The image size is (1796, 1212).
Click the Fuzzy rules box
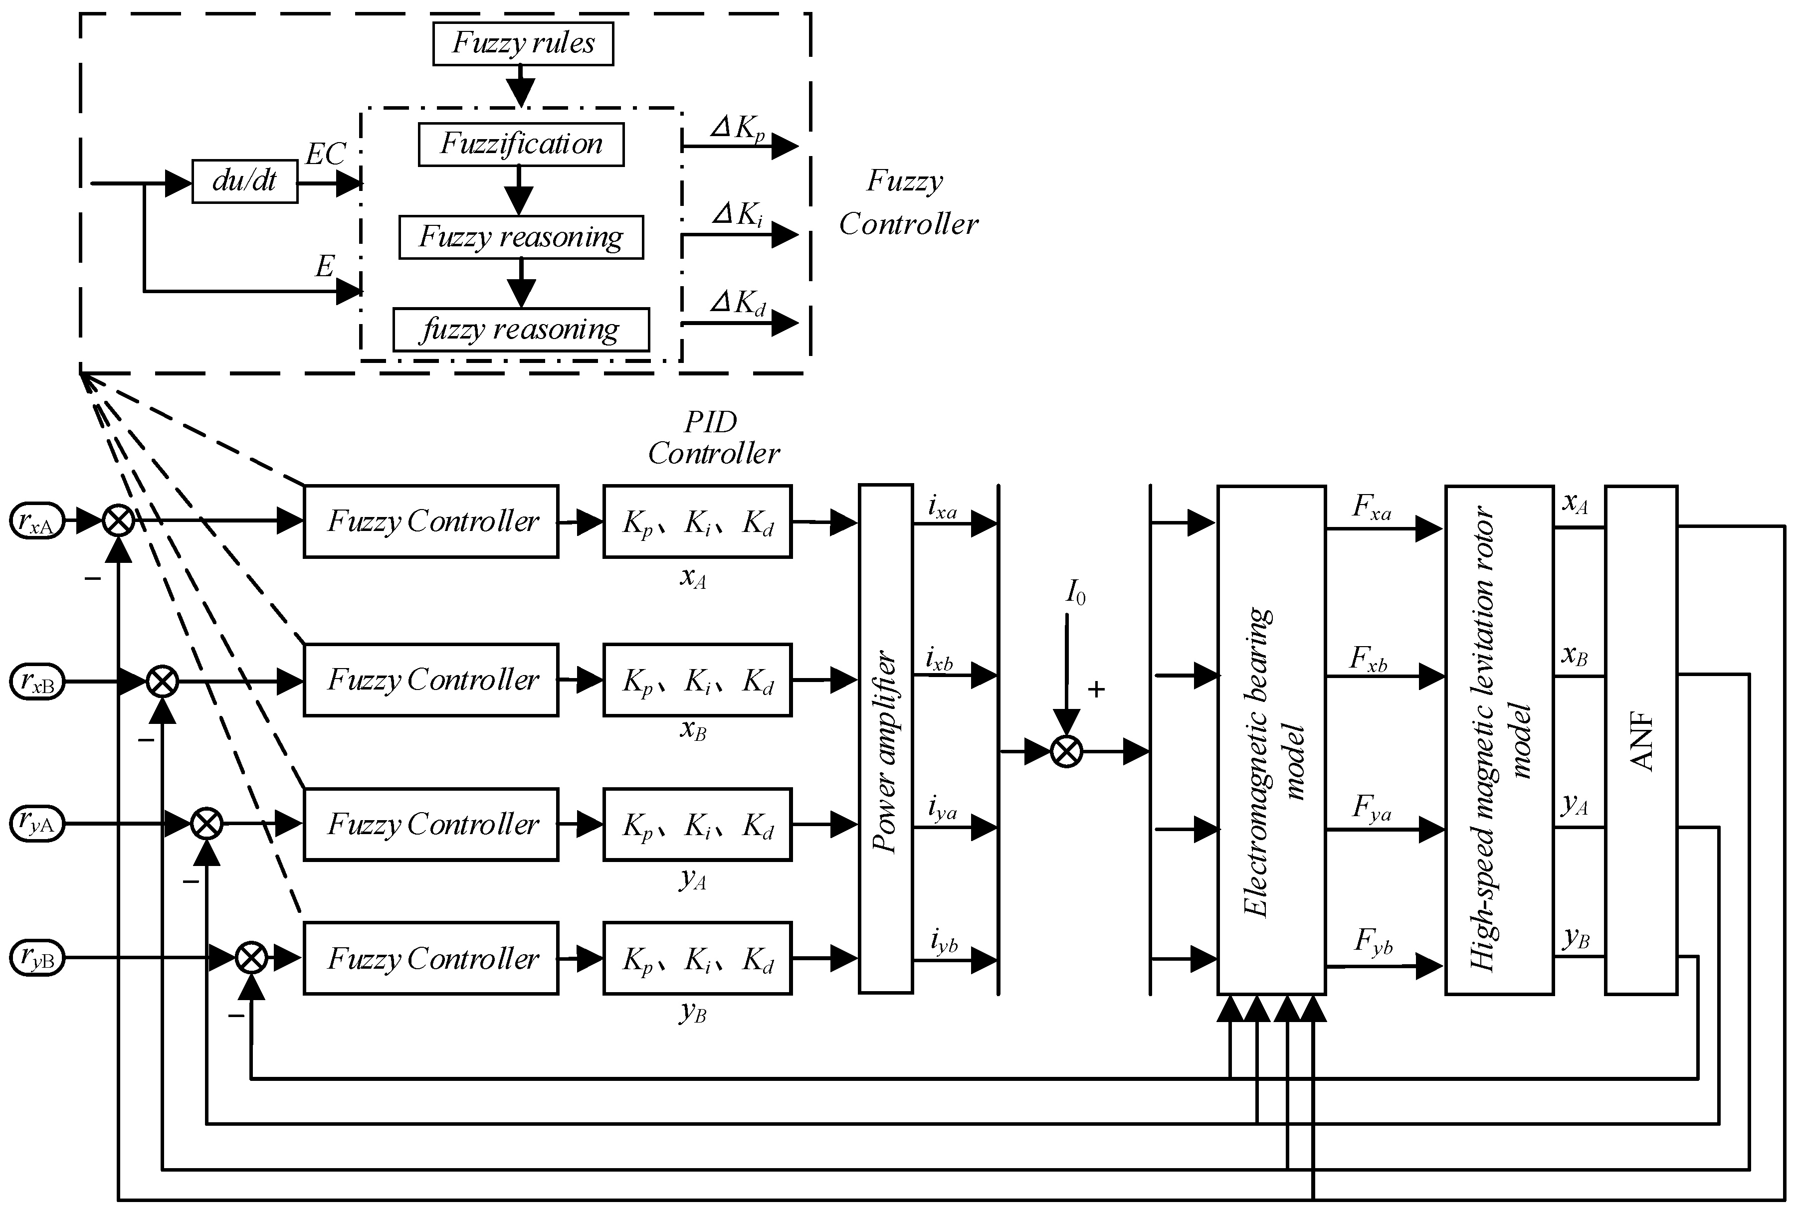522,44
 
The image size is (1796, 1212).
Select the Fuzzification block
521,145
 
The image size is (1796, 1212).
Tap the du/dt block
244,181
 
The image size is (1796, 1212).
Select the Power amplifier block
886,739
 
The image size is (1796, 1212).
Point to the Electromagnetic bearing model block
1271,739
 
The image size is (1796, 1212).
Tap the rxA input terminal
36,521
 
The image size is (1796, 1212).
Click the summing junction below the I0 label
1066,751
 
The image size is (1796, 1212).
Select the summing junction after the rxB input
162,682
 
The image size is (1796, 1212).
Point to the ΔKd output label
738,304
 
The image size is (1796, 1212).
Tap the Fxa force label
1372,508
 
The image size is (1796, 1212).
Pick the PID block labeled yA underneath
697,824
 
